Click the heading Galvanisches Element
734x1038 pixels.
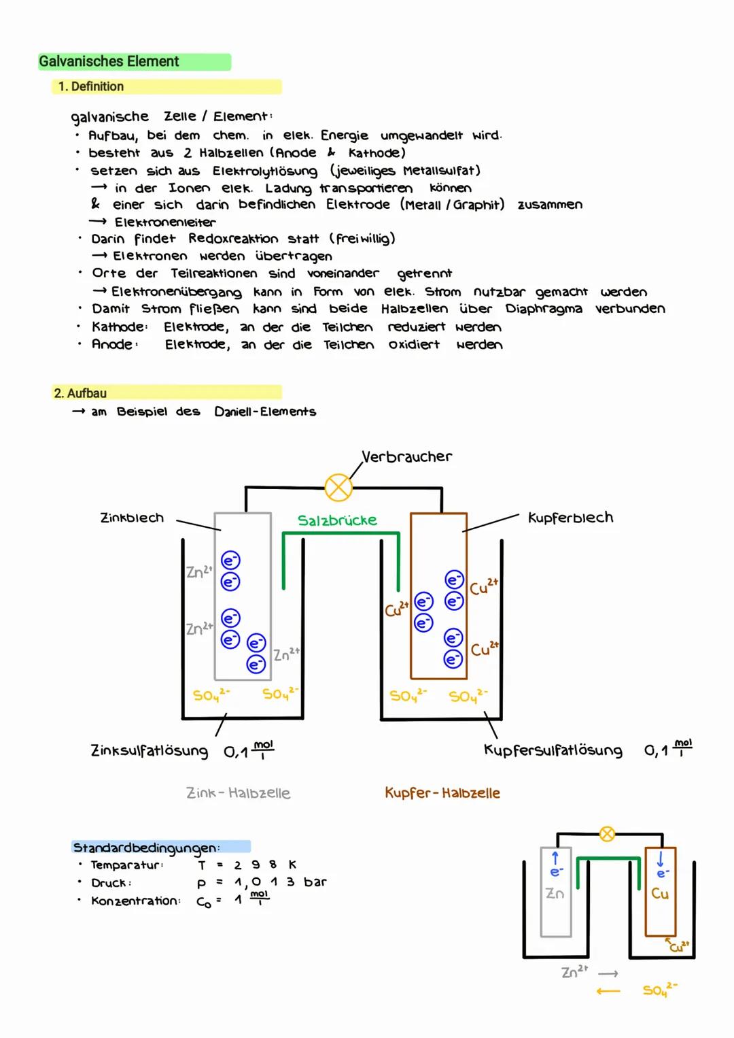[109, 62]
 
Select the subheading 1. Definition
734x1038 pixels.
[91, 86]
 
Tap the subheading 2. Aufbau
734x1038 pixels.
[80, 393]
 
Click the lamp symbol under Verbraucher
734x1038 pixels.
[338, 487]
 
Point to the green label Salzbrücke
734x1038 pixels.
[337, 520]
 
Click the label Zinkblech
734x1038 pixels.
[132, 518]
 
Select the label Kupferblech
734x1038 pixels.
[570, 518]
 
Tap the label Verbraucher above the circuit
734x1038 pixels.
[406, 456]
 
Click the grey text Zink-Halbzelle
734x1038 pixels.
[238, 793]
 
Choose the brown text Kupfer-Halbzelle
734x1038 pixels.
[442, 793]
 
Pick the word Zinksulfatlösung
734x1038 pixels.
[149, 750]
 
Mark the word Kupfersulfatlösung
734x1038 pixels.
[553, 750]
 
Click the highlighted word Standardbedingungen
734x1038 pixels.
[146, 848]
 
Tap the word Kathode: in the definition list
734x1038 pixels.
[120, 327]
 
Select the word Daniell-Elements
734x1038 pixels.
[265, 412]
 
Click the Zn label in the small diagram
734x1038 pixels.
[555, 894]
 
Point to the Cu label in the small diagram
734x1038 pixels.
[660, 894]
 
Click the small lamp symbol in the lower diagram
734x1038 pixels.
[607, 834]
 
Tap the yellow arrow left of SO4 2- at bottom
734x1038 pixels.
[608, 991]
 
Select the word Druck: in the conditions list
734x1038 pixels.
[111, 883]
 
